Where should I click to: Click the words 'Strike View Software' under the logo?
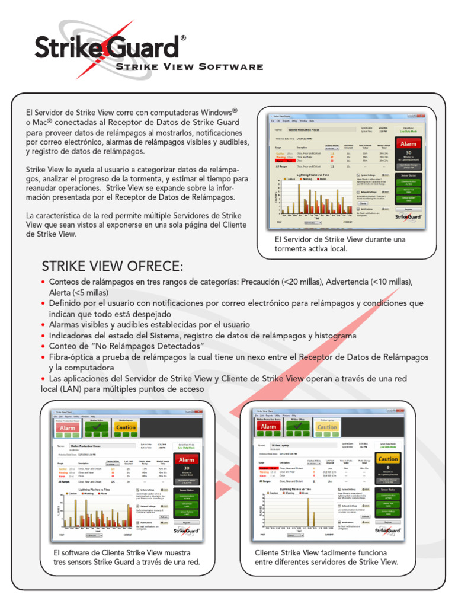point(189,66)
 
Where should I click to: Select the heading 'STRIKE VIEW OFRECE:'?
point(113,264)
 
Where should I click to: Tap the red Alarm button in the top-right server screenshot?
point(409,143)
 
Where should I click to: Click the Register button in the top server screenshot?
point(409,209)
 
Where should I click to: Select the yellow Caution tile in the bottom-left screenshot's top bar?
point(126,427)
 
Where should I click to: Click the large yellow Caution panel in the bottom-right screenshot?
point(388,459)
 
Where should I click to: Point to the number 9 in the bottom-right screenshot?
point(388,468)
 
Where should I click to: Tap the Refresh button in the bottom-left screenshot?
point(164,517)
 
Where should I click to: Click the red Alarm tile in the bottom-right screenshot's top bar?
point(268,426)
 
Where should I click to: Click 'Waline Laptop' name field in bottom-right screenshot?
point(284,444)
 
